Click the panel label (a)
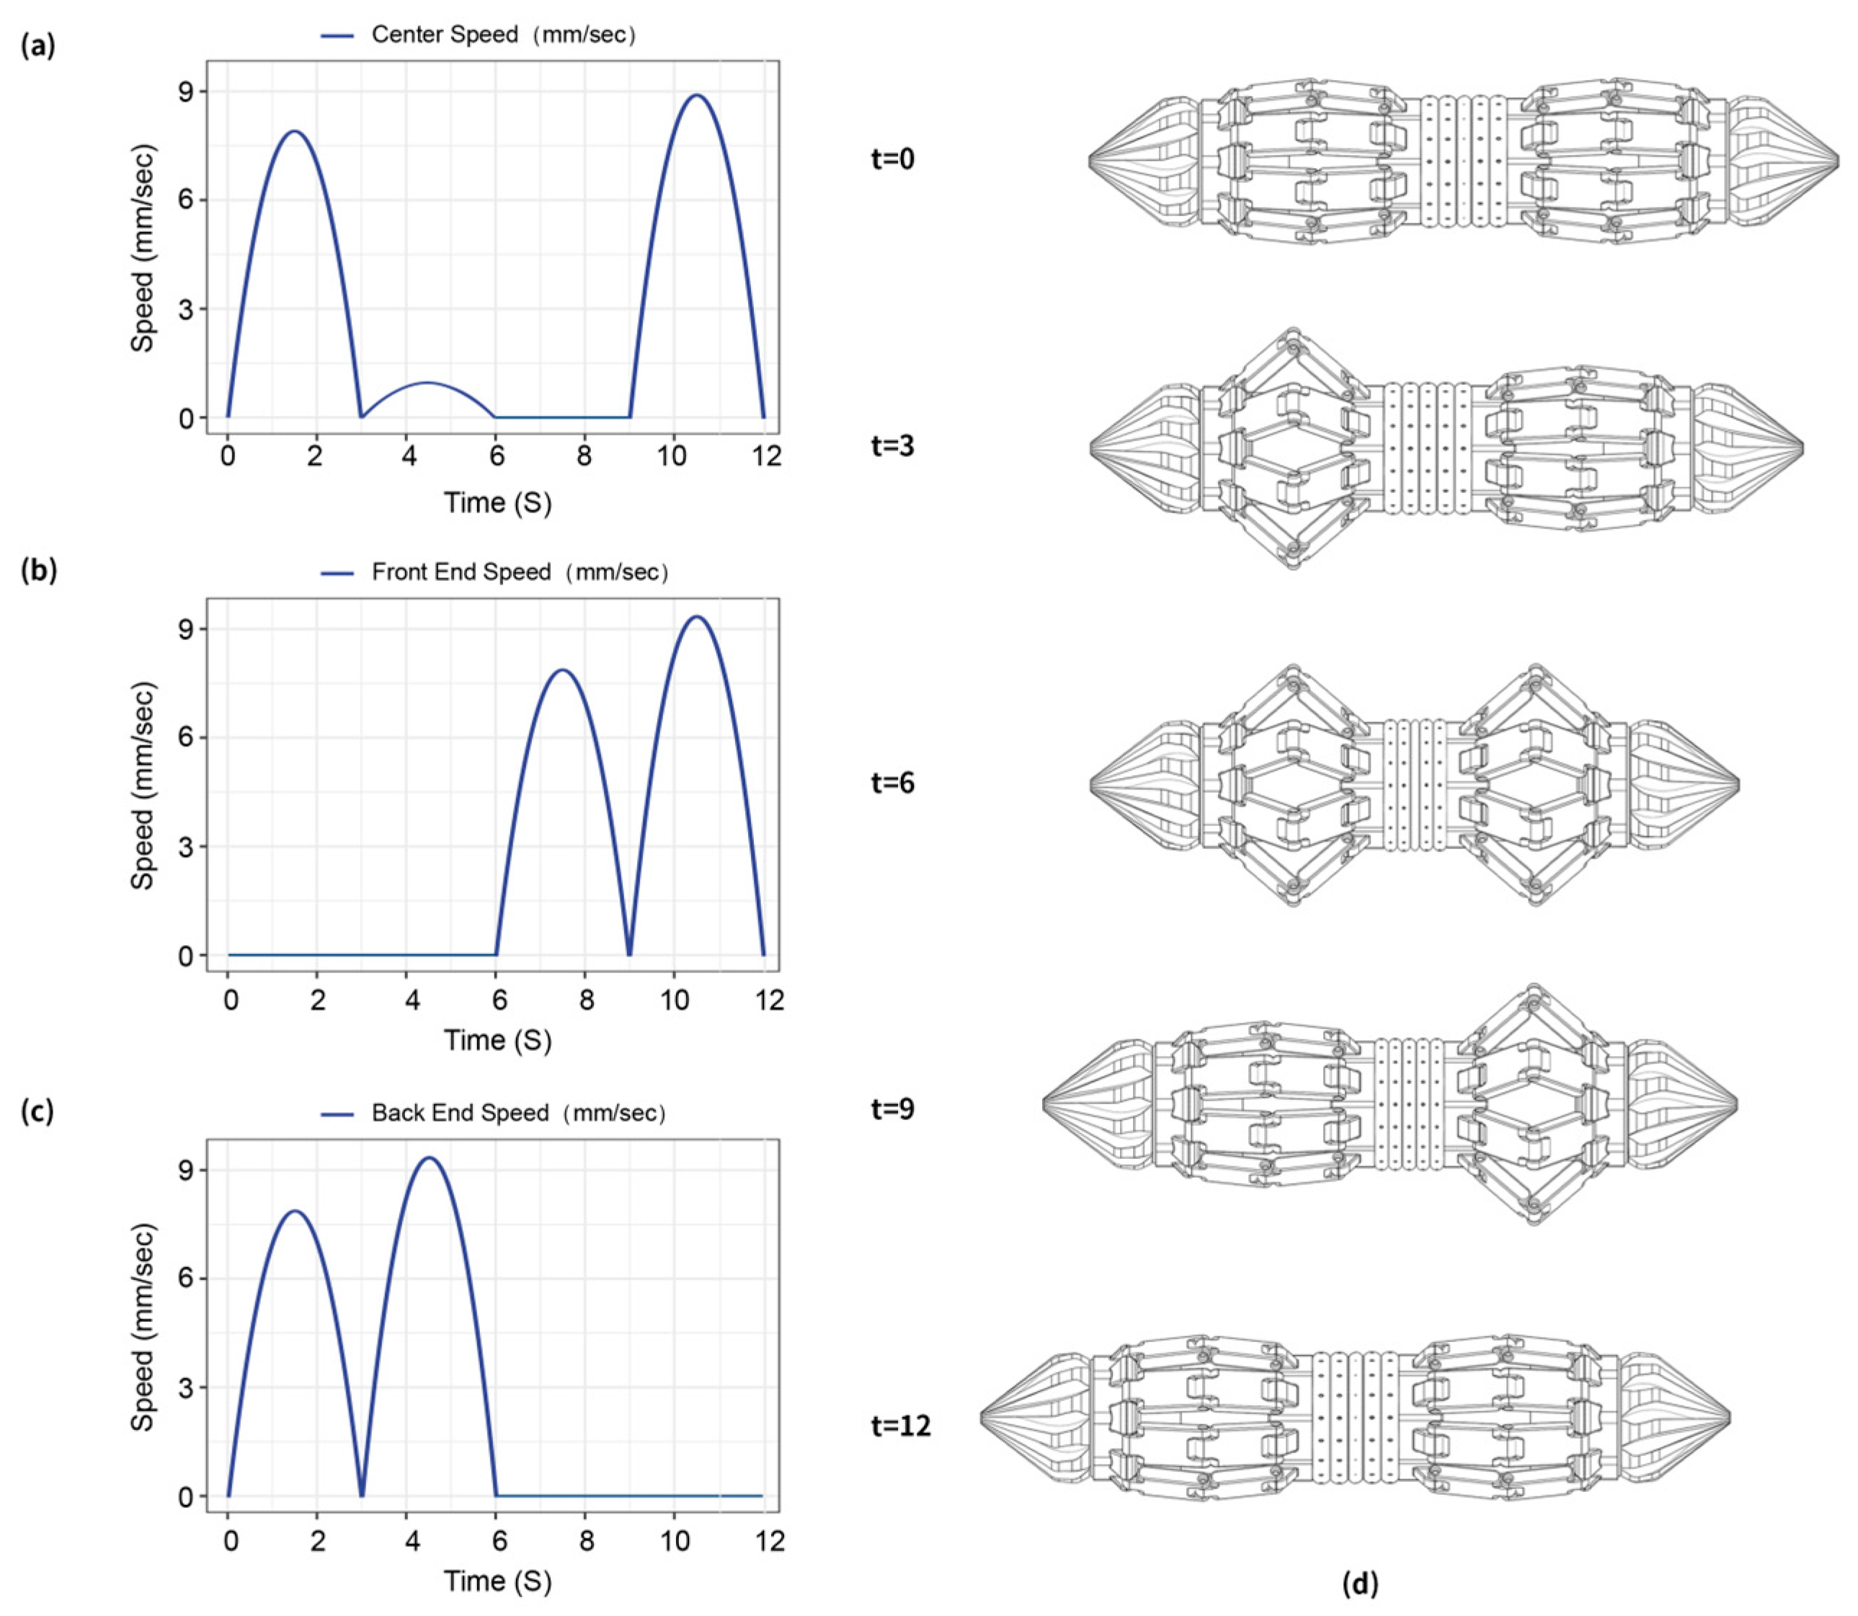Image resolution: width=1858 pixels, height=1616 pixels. point(38,45)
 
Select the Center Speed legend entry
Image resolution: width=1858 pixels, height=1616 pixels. point(478,35)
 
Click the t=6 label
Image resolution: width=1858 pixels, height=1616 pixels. point(892,783)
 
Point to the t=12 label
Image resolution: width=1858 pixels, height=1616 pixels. point(899,1426)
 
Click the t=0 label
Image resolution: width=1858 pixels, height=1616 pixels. point(892,159)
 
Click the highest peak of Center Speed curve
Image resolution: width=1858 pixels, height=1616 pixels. point(697,94)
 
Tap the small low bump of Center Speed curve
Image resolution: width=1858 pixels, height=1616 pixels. point(428,383)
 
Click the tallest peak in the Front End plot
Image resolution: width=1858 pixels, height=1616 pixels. point(696,617)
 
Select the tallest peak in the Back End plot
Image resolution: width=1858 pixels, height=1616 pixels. point(429,1158)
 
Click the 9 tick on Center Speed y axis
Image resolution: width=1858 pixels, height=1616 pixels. point(187,92)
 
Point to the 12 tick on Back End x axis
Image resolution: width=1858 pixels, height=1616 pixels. point(769,1540)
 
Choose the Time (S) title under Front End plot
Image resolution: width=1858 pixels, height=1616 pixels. point(497,1040)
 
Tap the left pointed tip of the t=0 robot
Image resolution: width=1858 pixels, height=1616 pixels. point(1090,161)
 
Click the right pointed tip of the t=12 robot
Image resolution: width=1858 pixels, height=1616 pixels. point(1729,1417)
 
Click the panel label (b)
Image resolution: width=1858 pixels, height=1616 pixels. point(38,571)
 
